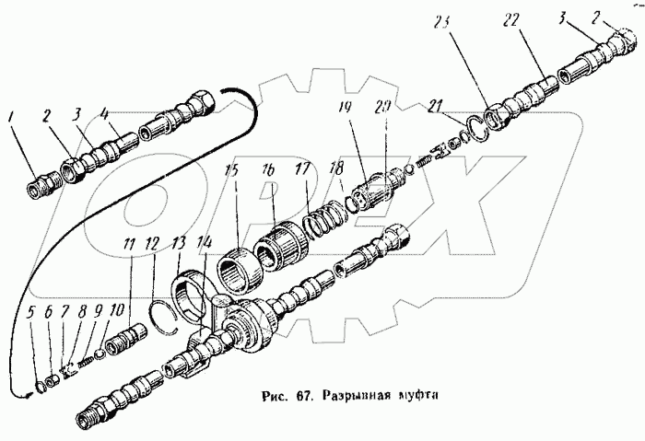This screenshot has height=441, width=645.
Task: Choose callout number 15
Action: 230,173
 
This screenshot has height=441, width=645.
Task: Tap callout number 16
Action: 268,173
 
